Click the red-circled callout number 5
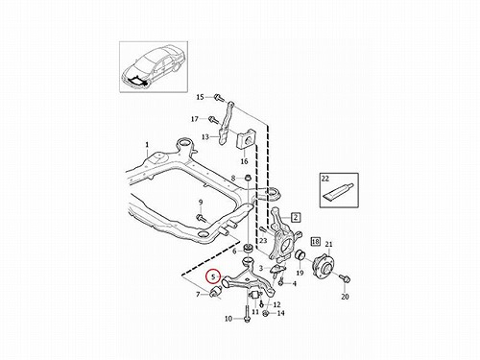212,276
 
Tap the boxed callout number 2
296,218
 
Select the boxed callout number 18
316,241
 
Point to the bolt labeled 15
219,96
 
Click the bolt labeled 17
212,119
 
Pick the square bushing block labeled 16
246,141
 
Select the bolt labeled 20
345,278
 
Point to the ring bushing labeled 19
300,255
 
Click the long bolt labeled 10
248,315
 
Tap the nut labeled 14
265,313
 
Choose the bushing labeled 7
216,292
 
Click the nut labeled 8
248,178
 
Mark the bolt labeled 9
201,218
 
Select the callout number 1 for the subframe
147,145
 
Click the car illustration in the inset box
155,66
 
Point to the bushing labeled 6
248,248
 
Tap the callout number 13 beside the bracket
205,137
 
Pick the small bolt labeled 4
281,282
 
